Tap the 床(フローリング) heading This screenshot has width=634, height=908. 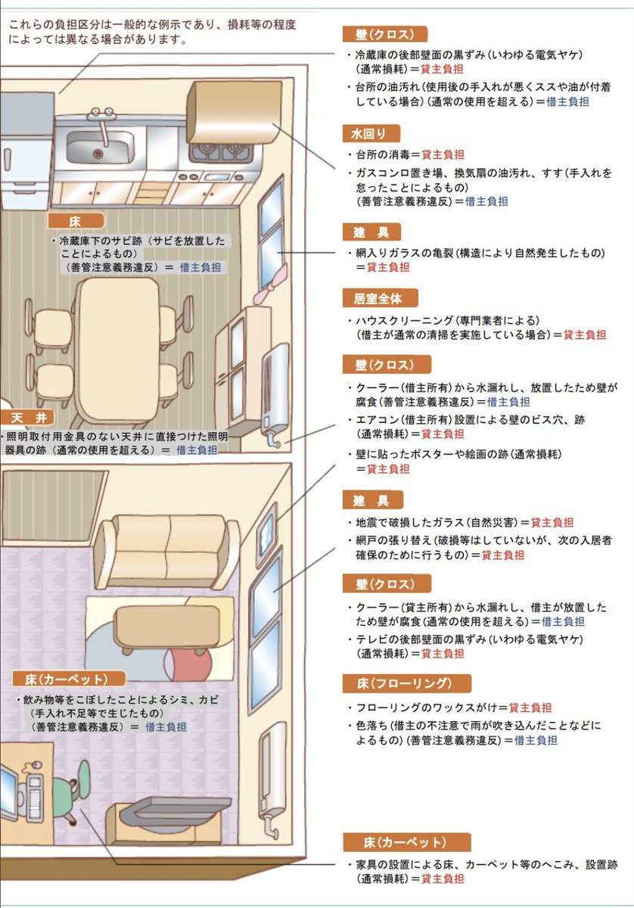click(406, 684)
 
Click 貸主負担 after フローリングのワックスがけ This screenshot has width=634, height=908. click(530, 707)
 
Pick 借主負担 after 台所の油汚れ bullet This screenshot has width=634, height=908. click(568, 101)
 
